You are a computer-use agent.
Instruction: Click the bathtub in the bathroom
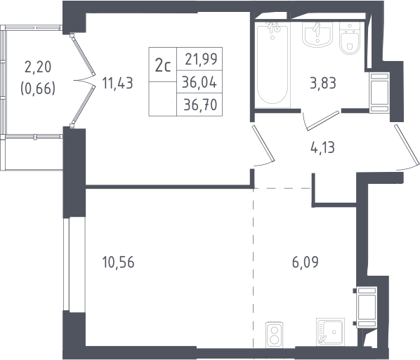[x=273, y=65]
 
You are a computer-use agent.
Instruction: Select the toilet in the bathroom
[x=349, y=39]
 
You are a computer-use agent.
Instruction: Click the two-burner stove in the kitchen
[x=275, y=335]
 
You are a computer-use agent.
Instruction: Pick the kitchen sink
[x=330, y=332]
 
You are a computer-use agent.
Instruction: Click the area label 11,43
[x=117, y=84]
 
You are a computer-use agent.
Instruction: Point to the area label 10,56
[x=118, y=262]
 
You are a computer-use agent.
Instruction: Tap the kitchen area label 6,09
[x=306, y=262]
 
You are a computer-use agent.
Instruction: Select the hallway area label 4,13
[x=323, y=147]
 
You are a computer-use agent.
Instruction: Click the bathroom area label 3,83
[x=323, y=84]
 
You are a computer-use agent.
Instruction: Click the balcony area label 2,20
[x=38, y=67]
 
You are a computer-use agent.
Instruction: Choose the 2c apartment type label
[x=163, y=65]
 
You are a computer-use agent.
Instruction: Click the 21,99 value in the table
[x=201, y=59]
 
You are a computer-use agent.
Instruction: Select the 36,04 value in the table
[x=199, y=82]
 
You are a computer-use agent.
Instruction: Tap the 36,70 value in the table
[x=200, y=105]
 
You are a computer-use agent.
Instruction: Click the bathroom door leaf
[x=323, y=121]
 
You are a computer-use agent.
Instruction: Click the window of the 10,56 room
[x=66, y=265]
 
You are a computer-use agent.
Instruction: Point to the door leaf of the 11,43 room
[x=263, y=143]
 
